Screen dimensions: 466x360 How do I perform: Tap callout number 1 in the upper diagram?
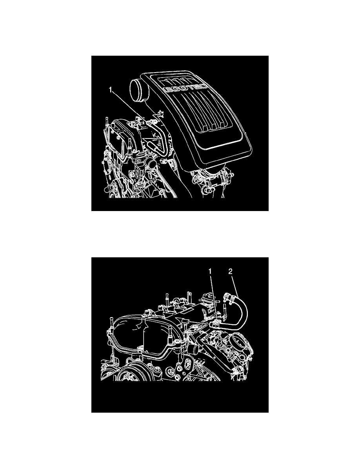(111, 91)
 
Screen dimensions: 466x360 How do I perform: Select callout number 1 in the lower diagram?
(210, 271)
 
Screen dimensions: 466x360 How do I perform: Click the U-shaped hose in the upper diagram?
(157, 137)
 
